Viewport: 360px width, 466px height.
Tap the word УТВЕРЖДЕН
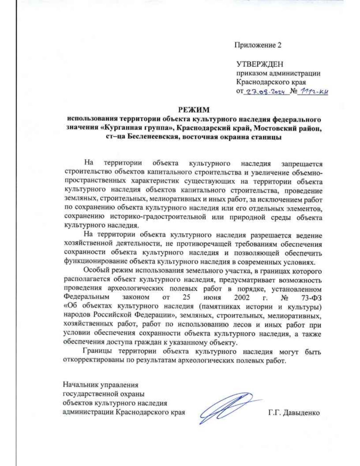(260, 65)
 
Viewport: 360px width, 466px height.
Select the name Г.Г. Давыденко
(294, 413)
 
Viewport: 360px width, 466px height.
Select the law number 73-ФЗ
(310, 298)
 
